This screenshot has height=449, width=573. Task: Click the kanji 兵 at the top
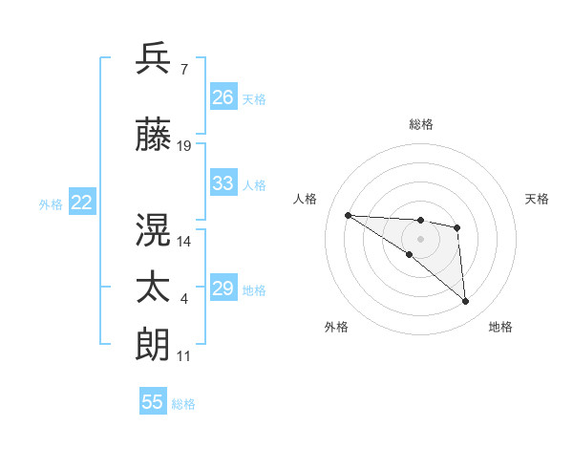pyautogui.click(x=154, y=58)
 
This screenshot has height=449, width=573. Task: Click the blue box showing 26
pyautogui.click(x=223, y=97)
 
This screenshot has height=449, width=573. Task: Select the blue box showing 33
pyautogui.click(x=223, y=183)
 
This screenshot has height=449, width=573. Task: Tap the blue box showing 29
pyautogui.click(x=223, y=289)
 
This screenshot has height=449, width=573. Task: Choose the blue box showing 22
pyautogui.click(x=82, y=203)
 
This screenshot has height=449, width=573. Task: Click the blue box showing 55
pyautogui.click(x=153, y=402)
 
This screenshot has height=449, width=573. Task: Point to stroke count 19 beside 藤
pyautogui.click(x=184, y=146)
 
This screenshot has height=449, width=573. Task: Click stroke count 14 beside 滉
pyautogui.click(x=184, y=241)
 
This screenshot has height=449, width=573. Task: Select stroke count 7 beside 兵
pyautogui.click(x=184, y=70)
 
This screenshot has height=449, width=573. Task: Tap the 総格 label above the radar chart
pyautogui.click(x=421, y=124)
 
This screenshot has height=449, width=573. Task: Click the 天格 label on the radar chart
pyautogui.click(x=538, y=199)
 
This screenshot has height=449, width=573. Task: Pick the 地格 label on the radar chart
pyautogui.click(x=500, y=327)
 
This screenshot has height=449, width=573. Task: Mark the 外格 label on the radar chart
pyautogui.click(x=336, y=327)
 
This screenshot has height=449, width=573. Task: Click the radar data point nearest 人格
pyautogui.click(x=348, y=215)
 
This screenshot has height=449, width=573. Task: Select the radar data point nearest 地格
pyautogui.click(x=466, y=302)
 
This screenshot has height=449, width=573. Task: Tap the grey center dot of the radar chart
pyautogui.click(x=420, y=239)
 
